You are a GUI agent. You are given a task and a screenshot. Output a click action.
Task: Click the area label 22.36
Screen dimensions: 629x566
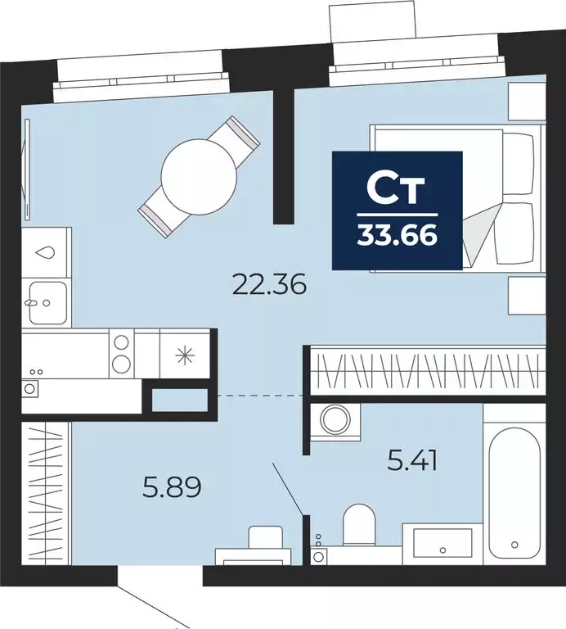click(x=269, y=285)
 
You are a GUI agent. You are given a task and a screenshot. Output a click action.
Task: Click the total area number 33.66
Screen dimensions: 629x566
click(x=397, y=236)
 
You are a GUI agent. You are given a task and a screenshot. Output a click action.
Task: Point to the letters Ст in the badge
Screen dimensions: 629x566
click(x=397, y=189)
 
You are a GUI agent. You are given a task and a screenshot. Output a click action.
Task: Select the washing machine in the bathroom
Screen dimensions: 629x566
click(x=334, y=419)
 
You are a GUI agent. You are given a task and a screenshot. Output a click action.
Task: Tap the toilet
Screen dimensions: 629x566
click(x=358, y=527)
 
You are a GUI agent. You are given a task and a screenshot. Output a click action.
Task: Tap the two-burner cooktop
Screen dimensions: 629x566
click(x=121, y=353)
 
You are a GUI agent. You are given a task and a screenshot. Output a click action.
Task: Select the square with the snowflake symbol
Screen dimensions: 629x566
click(x=186, y=354)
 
